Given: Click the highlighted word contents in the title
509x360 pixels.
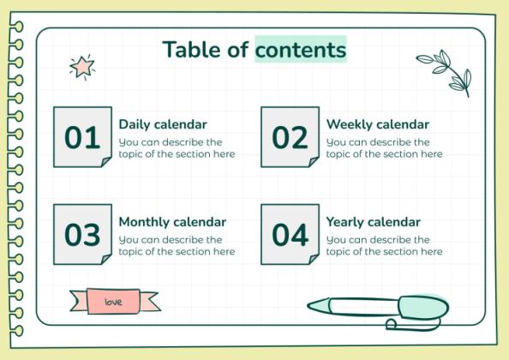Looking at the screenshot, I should (x=301, y=51).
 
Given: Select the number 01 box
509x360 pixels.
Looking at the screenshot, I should (x=82, y=137).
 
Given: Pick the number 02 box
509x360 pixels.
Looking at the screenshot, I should (x=290, y=137).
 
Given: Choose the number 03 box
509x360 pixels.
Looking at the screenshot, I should (x=82, y=235).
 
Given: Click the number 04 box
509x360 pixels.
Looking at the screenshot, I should (x=290, y=235).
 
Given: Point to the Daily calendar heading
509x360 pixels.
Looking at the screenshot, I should (x=163, y=124).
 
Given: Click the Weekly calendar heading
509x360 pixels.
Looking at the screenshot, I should (x=377, y=124).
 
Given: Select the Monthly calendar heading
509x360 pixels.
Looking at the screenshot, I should (x=172, y=222).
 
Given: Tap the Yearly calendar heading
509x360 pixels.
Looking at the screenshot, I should (x=373, y=222).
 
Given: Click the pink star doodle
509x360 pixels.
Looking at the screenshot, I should (x=82, y=66).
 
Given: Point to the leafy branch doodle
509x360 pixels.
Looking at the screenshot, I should (x=445, y=69).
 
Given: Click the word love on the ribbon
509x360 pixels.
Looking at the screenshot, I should (x=113, y=302).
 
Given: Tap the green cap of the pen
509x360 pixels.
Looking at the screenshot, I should (x=422, y=306).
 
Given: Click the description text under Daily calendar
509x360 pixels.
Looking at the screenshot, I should (x=177, y=148).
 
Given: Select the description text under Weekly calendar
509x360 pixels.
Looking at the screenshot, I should (x=384, y=148).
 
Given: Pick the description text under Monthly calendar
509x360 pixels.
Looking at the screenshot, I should (x=177, y=246).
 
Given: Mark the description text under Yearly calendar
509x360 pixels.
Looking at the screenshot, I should (x=384, y=246).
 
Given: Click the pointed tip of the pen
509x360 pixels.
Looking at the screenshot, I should (x=312, y=304).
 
